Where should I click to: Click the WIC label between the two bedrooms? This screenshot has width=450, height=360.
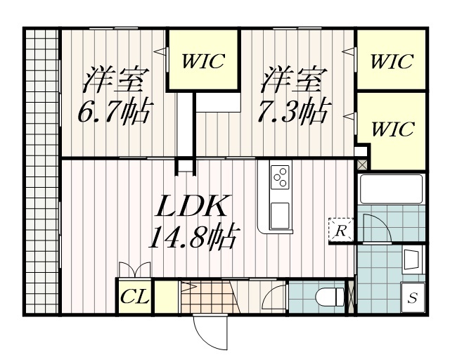203,60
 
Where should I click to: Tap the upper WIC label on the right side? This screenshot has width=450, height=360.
392,61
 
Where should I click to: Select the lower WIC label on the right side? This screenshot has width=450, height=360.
392,129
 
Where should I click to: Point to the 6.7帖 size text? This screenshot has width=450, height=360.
114,112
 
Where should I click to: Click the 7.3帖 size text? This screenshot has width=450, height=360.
293,112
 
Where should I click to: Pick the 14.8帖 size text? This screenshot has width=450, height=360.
191,239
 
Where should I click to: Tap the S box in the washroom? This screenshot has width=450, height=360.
413,297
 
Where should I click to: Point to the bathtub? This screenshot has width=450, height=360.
390,188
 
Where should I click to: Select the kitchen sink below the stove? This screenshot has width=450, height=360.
280,212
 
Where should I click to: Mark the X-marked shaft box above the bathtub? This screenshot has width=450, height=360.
362,165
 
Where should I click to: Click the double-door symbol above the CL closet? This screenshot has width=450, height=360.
135,271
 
